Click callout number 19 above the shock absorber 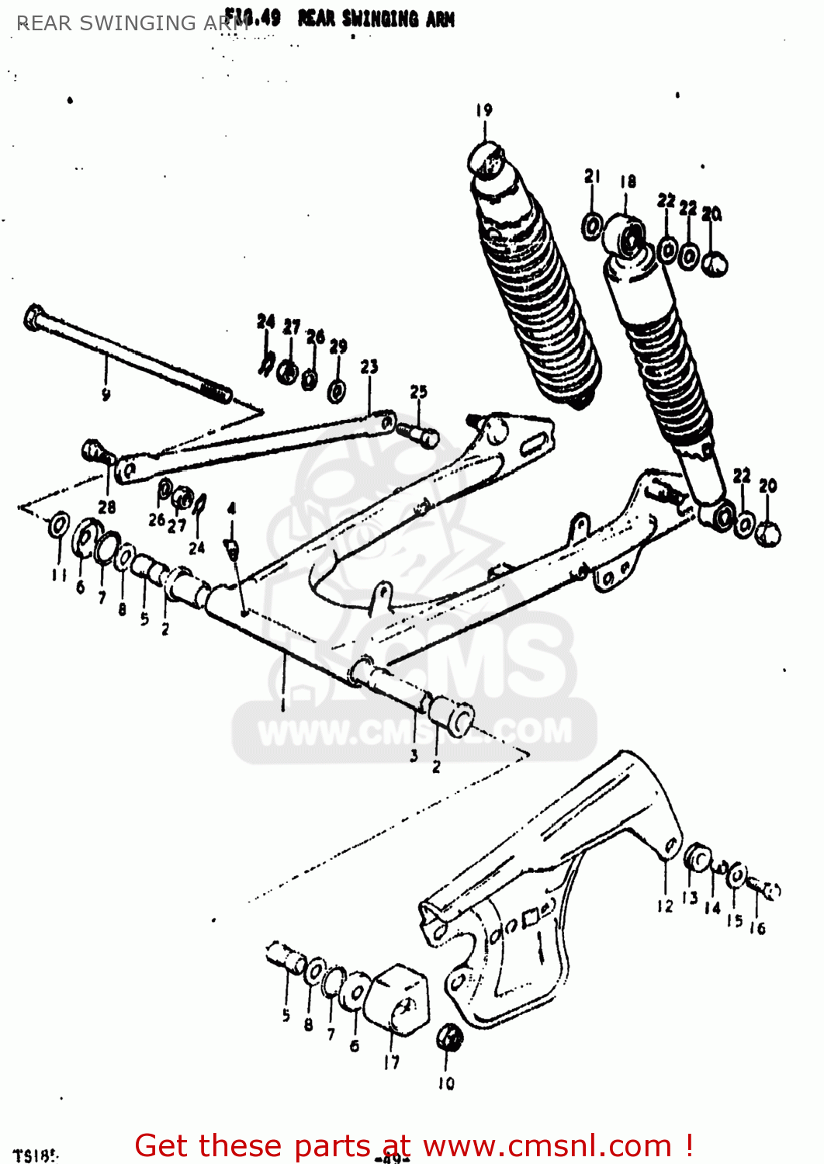[x=484, y=110]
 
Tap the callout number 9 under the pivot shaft [x=106, y=395]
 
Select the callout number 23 [x=369, y=366]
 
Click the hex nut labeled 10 [x=448, y=1038]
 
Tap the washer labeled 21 [x=592, y=226]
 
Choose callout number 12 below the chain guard [x=665, y=906]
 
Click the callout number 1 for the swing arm [x=283, y=705]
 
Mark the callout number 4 [x=231, y=509]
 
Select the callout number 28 [x=107, y=507]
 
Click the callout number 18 [x=628, y=182]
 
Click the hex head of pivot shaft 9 [x=34, y=317]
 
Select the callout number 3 [x=414, y=754]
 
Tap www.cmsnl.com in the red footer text [x=547, y=1145]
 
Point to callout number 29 [x=338, y=347]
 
